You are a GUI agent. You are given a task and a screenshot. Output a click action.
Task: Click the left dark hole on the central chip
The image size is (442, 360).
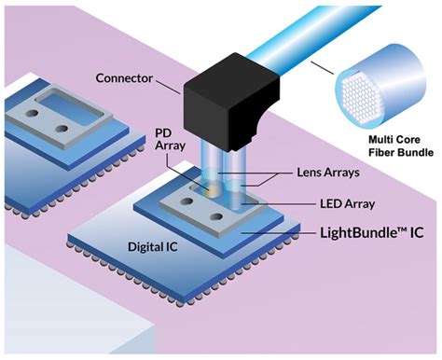click(183, 216)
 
